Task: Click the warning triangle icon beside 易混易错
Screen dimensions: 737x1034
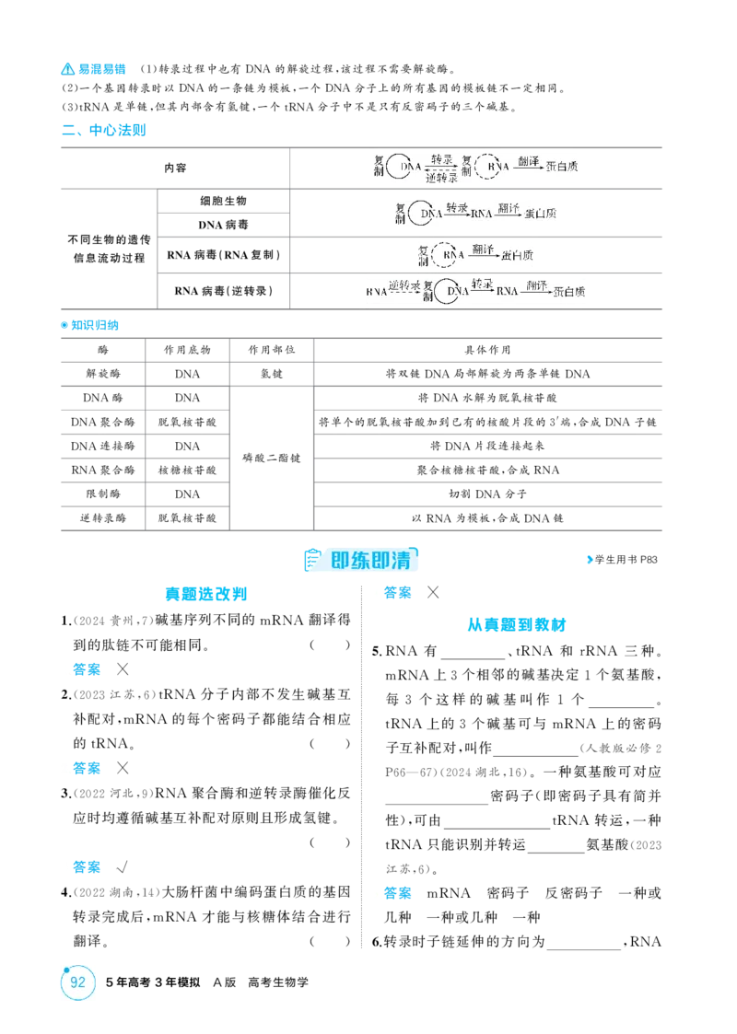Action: [68, 68]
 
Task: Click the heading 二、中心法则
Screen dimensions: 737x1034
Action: [103, 130]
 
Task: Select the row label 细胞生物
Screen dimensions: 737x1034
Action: [223, 201]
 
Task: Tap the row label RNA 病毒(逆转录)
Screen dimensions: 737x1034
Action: [223, 291]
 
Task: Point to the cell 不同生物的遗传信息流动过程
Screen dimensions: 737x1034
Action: [109, 249]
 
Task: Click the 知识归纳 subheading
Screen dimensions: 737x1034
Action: [94, 325]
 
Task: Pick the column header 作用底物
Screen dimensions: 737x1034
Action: [187, 350]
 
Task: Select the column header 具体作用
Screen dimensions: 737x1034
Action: [487, 350]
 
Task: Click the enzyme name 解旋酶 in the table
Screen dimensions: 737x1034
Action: [103, 374]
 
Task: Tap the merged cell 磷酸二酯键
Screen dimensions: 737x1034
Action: [271, 458]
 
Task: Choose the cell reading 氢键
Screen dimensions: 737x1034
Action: [271, 374]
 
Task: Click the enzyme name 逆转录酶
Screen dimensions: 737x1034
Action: [103, 518]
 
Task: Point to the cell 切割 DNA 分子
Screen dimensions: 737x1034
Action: [487, 494]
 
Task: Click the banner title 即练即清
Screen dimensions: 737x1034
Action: [370, 561]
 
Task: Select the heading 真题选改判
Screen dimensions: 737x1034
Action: [205, 594]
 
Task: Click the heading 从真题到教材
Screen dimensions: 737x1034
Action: [517, 624]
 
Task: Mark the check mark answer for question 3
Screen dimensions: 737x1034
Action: [122, 866]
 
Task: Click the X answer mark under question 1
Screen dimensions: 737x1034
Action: [123, 669]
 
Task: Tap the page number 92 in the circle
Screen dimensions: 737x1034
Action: [78, 982]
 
